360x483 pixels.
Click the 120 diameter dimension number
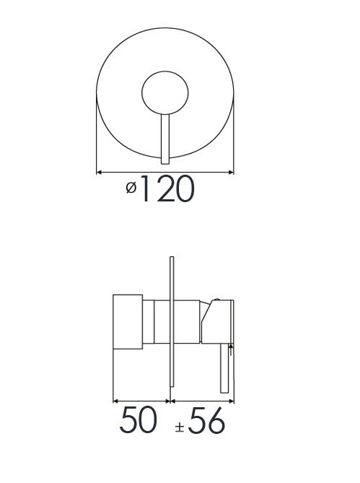coord(168,188)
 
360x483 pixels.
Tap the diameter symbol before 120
coord(131,188)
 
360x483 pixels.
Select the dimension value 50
coord(138,420)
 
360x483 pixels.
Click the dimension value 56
coord(206,421)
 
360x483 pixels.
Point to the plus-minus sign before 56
coord(180,427)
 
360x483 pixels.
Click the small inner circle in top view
coord(165,92)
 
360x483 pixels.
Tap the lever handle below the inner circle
coord(165,139)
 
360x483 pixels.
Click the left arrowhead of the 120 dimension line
coord(99,173)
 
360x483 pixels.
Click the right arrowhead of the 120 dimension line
coord(231,173)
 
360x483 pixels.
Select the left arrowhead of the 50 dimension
coord(115,401)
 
